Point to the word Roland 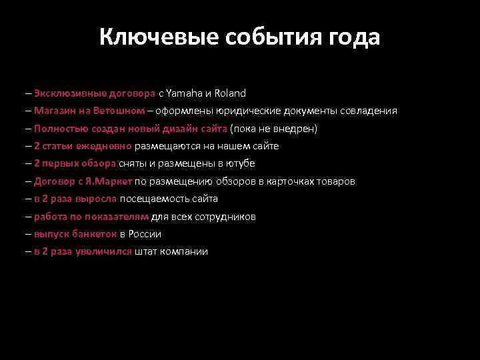(231, 93)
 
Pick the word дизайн (181, 129)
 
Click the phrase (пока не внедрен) (274, 129)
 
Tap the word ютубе (241, 163)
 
